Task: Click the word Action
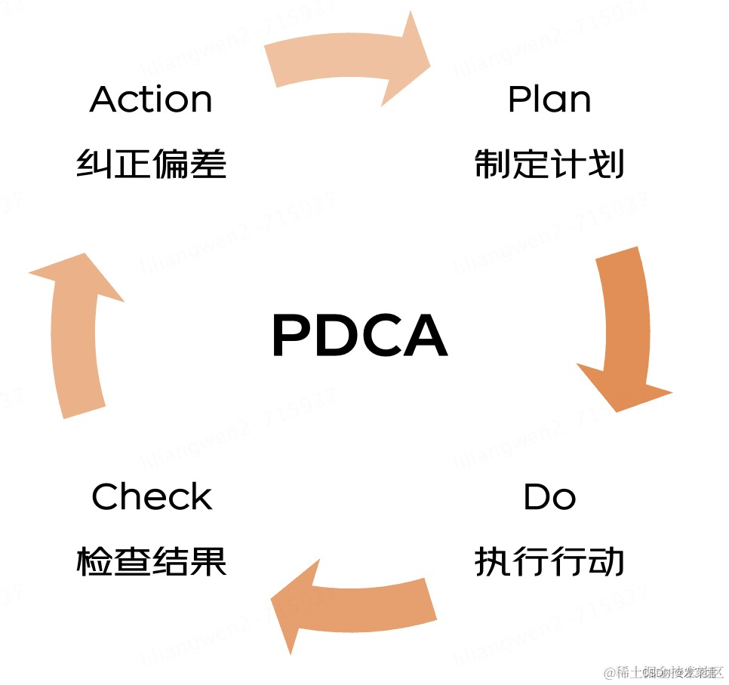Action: click(151, 100)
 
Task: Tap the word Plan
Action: click(549, 100)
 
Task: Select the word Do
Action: click(549, 497)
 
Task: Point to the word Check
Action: click(152, 497)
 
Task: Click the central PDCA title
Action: click(359, 336)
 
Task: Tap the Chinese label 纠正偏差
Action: click(152, 164)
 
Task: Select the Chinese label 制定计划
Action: click(549, 164)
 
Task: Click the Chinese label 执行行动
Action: click(549, 562)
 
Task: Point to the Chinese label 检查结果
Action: click(152, 562)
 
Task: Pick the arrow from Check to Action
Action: click(76, 332)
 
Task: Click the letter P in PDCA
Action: click(291, 336)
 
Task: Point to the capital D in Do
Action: click(537, 497)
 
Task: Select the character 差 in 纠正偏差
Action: click(209, 164)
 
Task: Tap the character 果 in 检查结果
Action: click(209, 562)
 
